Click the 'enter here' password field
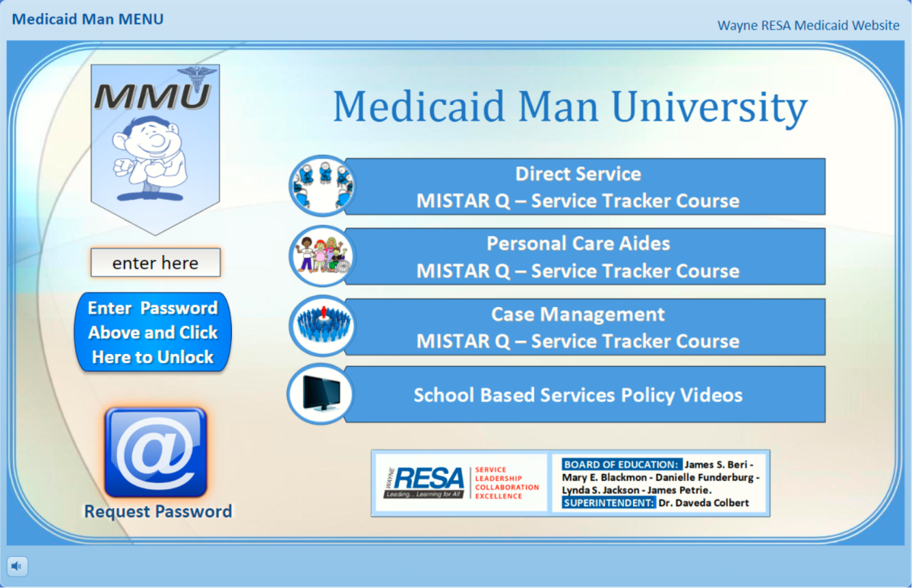[156, 262]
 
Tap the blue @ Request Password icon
[156, 452]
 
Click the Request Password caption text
[158, 511]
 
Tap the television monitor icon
[321, 394]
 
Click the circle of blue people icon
[323, 326]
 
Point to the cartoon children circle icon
[323, 256]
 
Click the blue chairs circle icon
[323, 185]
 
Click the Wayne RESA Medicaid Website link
[808, 25]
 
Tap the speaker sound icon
[17, 566]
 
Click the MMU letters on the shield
[152, 96]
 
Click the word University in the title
[710, 107]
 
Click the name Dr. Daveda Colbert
[704, 503]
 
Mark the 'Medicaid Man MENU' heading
[87, 19]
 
